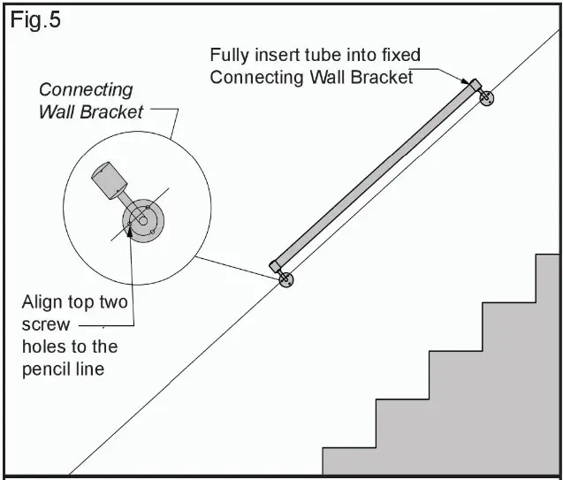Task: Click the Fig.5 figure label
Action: pyautogui.click(x=35, y=20)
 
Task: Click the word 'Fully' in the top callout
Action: pyautogui.click(x=229, y=55)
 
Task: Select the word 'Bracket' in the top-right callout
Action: pyautogui.click(x=382, y=77)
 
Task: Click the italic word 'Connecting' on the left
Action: pyautogui.click(x=86, y=90)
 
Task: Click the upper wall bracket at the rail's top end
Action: pyautogui.click(x=486, y=98)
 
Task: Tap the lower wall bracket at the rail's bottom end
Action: pyautogui.click(x=285, y=279)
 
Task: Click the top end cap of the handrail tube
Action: pyautogui.click(x=474, y=85)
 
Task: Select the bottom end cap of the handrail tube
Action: pyautogui.click(x=276, y=264)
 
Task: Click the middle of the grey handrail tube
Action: pyautogui.click(x=375, y=175)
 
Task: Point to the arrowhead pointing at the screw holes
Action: pyautogui.click(x=131, y=232)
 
